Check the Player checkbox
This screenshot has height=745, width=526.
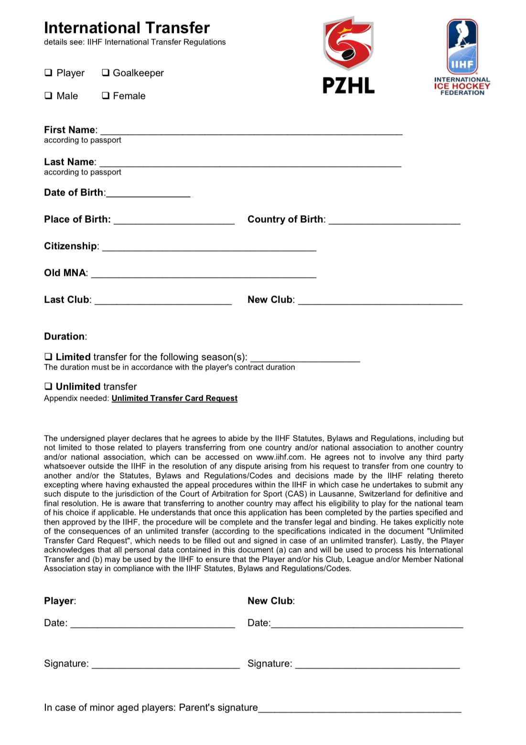pyautogui.click(x=48, y=73)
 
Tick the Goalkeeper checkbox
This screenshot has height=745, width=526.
pyautogui.click(x=106, y=73)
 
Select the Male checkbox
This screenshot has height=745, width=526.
pyautogui.click(x=48, y=96)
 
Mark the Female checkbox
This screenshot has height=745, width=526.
pyautogui.click(x=106, y=96)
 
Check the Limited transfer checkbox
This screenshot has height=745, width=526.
pyautogui.click(x=48, y=357)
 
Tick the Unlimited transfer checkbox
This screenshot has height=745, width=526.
pyautogui.click(x=48, y=386)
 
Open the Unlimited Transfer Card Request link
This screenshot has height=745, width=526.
pyautogui.click(x=174, y=398)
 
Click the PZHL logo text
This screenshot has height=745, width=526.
pyautogui.click(x=348, y=86)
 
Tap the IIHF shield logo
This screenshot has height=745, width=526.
pyautogui.click(x=462, y=46)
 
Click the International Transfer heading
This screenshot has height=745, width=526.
pyautogui.click(x=127, y=28)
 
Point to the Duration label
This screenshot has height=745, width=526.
pyautogui.click(x=65, y=336)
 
